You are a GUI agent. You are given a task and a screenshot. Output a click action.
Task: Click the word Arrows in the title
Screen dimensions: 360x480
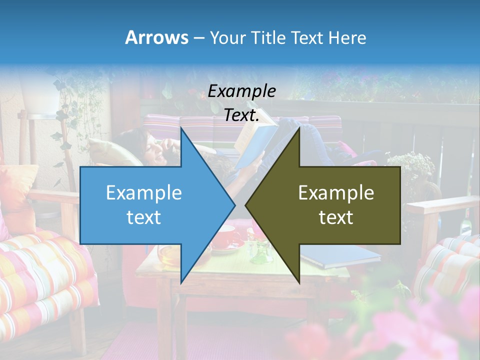156,37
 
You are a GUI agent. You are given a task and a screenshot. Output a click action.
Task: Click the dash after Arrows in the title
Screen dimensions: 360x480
198,38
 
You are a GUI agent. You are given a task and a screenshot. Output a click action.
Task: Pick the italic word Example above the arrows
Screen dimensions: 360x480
241,91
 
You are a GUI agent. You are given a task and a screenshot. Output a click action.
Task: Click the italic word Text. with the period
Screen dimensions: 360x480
241,115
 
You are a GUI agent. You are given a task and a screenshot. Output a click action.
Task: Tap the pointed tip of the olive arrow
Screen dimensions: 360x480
246,205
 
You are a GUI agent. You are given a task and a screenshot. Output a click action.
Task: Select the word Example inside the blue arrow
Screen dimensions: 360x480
143,192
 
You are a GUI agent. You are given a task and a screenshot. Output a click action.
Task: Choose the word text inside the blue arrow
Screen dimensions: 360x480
143,217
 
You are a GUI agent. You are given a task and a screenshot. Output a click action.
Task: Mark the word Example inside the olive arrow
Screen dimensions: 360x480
336,192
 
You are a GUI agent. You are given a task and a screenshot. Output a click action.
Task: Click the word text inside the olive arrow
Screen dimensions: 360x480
336,217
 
